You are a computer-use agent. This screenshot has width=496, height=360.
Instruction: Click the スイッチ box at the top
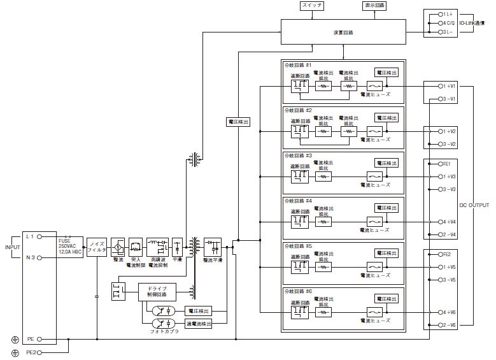point(312,5)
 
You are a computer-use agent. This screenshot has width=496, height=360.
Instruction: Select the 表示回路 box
point(374,5)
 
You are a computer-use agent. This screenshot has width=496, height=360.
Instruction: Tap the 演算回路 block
point(343,31)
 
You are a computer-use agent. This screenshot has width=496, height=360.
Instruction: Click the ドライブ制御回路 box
point(157,292)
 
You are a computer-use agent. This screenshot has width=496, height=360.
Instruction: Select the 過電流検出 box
point(198,324)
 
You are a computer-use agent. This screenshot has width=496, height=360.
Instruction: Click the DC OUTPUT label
point(474,206)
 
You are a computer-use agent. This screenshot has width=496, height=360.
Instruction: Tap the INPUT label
point(13,247)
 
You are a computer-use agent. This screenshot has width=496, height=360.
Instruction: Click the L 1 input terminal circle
point(39,236)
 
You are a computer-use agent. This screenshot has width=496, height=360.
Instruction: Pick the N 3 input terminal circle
point(39,257)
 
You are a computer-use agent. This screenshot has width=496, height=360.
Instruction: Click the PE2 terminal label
point(31,352)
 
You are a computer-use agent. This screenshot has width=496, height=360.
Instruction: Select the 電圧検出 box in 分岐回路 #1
point(386,73)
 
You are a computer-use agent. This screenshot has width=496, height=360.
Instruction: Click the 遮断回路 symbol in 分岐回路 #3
point(299,176)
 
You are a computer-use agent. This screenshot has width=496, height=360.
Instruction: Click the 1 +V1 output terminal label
point(449,85)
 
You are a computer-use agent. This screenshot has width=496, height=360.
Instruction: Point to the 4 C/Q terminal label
point(450,22)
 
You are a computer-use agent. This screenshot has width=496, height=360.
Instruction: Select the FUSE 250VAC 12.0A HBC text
point(70,246)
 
